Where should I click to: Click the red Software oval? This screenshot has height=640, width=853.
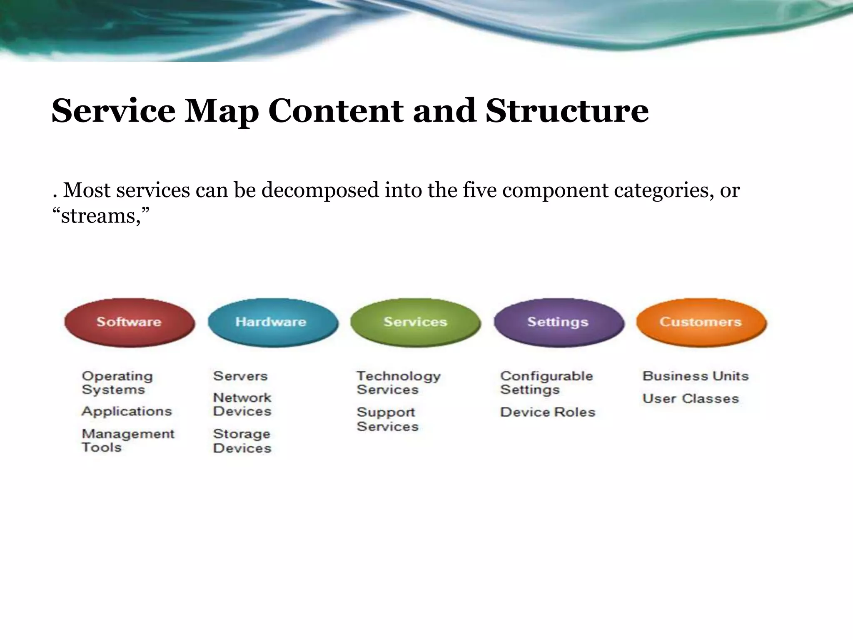(129, 322)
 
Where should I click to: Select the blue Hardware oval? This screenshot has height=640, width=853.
(272, 322)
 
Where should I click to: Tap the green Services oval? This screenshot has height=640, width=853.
(415, 322)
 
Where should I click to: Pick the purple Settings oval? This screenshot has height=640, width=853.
(559, 322)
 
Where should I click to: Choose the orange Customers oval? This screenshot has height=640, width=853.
(701, 322)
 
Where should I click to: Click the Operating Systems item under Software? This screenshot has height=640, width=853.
(117, 382)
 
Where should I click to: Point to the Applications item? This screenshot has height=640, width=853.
(127, 411)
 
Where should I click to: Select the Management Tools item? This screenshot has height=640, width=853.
(128, 440)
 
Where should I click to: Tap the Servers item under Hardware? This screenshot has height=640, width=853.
(240, 376)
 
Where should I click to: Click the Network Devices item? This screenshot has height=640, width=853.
(242, 404)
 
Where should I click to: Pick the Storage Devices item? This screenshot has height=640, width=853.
(242, 441)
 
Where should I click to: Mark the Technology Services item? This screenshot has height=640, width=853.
(398, 382)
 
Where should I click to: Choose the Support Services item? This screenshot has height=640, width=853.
(387, 419)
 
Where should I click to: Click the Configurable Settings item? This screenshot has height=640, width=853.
(546, 382)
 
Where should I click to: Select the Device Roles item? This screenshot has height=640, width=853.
(548, 412)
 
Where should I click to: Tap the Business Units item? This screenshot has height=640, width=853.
(695, 376)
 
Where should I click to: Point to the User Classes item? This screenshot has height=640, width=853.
(691, 399)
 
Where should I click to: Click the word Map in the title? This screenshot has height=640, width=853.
(221, 112)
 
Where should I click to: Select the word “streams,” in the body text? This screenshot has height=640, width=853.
(101, 216)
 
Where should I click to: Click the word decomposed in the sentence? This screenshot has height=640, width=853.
(320, 190)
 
